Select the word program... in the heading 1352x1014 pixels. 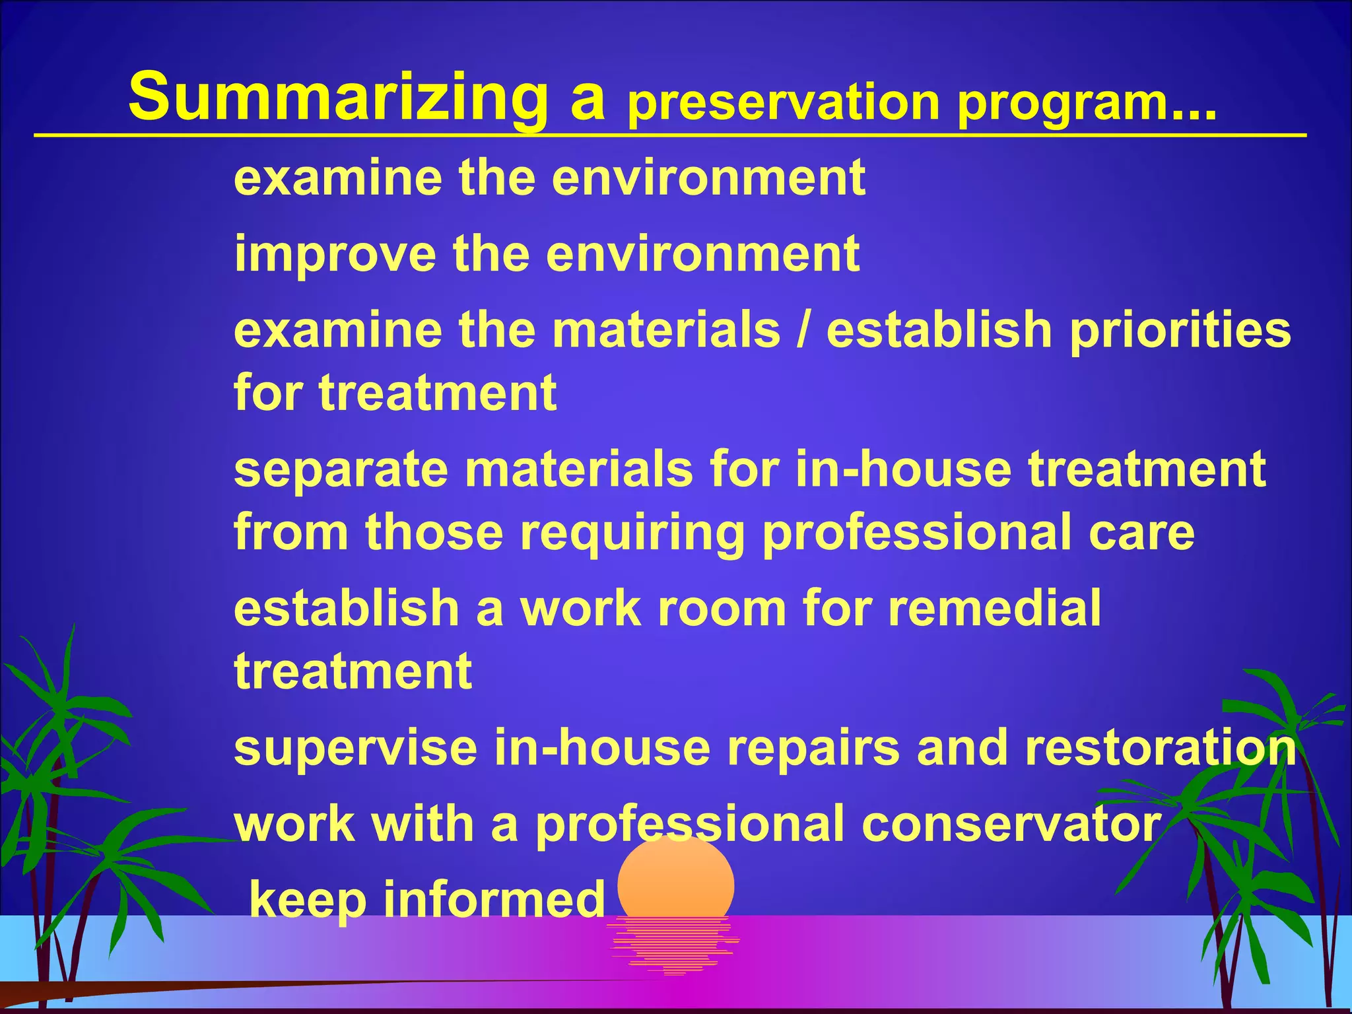pyautogui.click(x=1086, y=102)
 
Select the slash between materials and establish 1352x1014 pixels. pyautogui.click(x=803, y=329)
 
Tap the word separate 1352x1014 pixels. pyautogui.click(x=341, y=469)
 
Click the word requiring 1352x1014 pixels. pyautogui.click(x=633, y=533)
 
